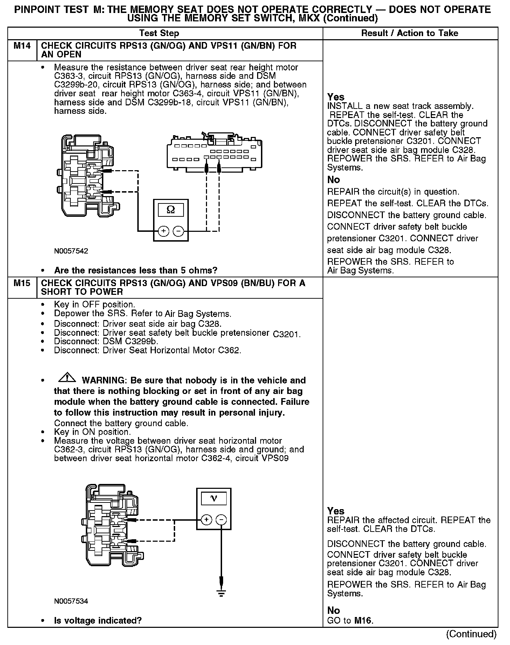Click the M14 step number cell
click(x=22, y=46)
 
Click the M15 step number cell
click(x=22, y=283)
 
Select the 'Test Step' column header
click(x=159, y=33)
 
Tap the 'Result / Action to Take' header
click(x=409, y=33)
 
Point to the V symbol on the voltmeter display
click(x=214, y=499)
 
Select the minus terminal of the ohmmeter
click(x=178, y=231)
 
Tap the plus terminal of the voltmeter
click(x=206, y=520)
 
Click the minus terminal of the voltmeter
click(x=221, y=520)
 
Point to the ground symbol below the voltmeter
click(x=221, y=593)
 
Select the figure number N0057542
click(x=71, y=251)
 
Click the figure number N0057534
click(x=71, y=601)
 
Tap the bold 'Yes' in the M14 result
click(x=336, y=97)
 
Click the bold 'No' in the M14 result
click(x=333, y=180)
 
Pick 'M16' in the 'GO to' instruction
click(x=363, y=621)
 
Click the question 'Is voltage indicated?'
click(x=98, y=621)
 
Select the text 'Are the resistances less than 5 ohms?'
click(x=136, y=270)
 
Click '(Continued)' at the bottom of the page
click(x=471, y=634)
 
